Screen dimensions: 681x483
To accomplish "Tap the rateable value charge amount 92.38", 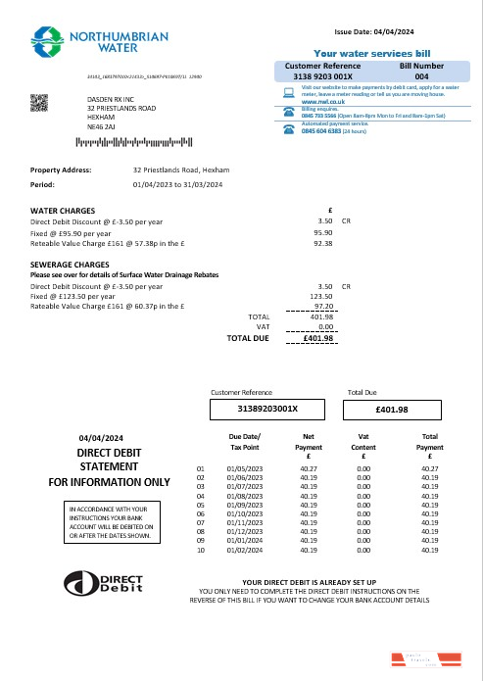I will (322, 243).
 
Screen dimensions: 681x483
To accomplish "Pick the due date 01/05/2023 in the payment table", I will (244, 469).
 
